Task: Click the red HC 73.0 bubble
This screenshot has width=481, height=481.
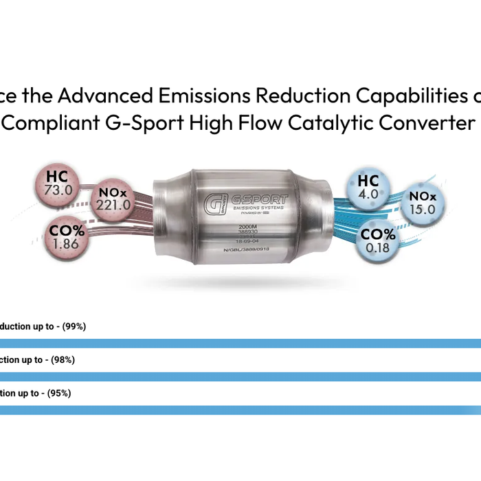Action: click(x=58, y=183)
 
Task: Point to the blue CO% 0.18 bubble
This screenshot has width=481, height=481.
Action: click(x=378, y=241)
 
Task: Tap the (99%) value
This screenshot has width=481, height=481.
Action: click(x=74, y=326)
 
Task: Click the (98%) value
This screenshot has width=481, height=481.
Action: click(x=63, y=359)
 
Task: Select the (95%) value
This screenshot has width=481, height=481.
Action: click(x=58, y=393)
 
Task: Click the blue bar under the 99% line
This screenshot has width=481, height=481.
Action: click(x=240, y=343)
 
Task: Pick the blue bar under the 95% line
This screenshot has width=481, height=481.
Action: click(x=240, y=410)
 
